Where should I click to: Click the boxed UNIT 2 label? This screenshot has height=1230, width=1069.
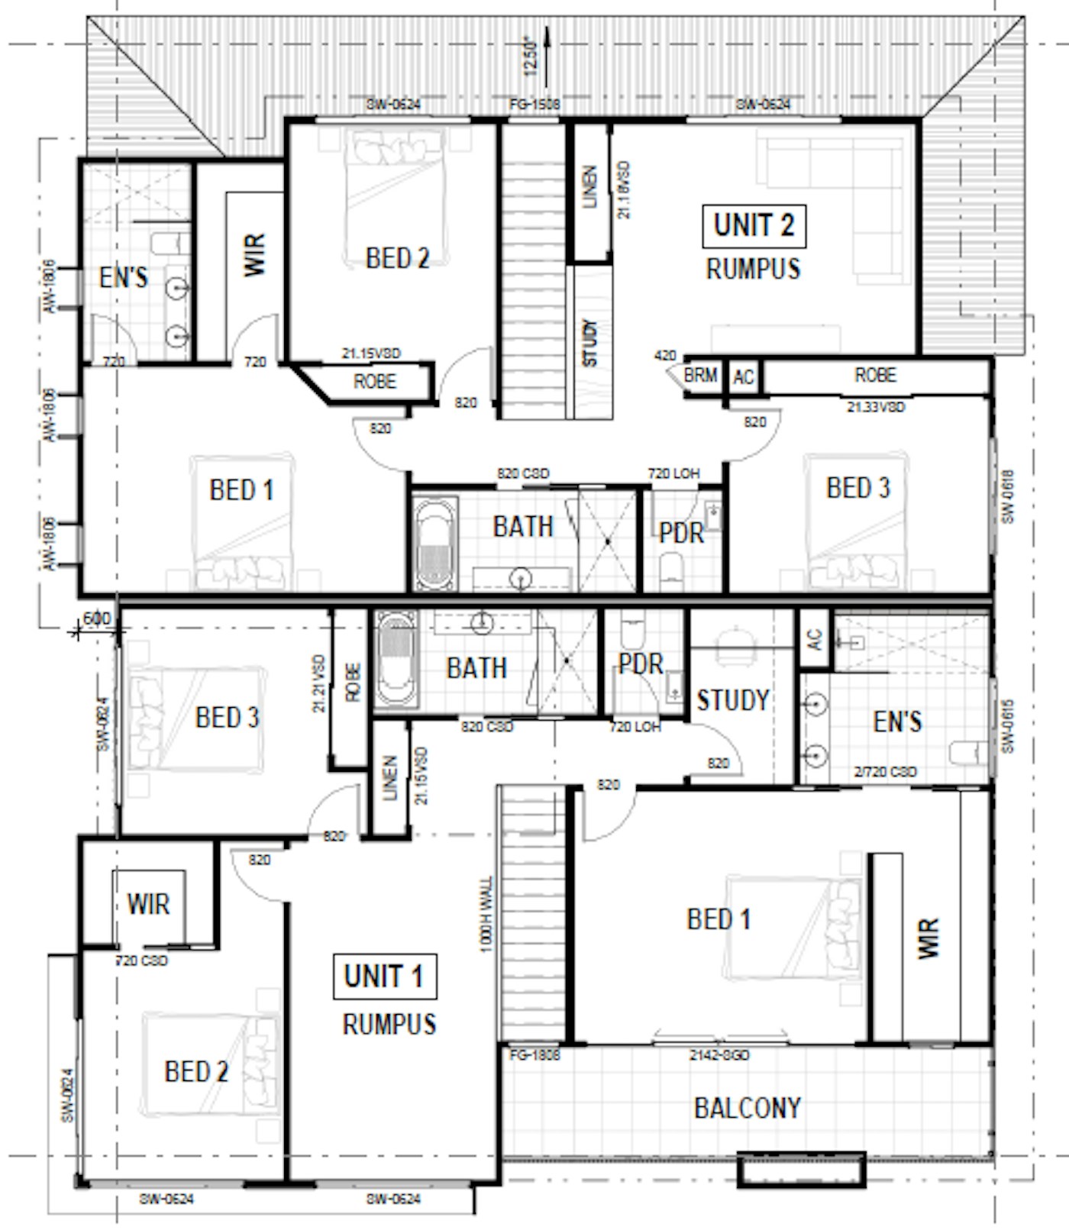(754, 226)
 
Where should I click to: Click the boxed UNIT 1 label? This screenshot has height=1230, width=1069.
(384, 976)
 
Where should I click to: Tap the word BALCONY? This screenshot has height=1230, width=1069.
(747, 1108)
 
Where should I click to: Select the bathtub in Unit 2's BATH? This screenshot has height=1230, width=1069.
(435, 543)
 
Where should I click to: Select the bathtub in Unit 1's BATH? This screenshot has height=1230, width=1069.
(396, 659)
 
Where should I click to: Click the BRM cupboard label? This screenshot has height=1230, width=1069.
(700, 376)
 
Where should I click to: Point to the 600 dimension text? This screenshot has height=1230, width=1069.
(96, 618)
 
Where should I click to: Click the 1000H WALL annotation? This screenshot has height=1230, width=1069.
(487, 914)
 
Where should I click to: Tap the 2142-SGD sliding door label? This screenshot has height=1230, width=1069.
(719, 1055)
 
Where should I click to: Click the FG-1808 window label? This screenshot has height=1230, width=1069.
(534, 1055)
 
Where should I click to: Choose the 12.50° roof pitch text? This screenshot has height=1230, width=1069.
(532, 58)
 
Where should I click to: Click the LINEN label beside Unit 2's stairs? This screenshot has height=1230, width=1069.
(589, 188)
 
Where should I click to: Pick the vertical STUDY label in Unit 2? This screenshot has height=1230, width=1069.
(590, 343)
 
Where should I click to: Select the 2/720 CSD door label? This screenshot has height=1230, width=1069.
(885, 772)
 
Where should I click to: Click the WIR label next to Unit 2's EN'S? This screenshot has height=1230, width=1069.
(254, 255)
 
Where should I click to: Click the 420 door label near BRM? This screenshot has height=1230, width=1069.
(665, 356)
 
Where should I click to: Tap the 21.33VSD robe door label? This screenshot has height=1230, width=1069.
(875, 408)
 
